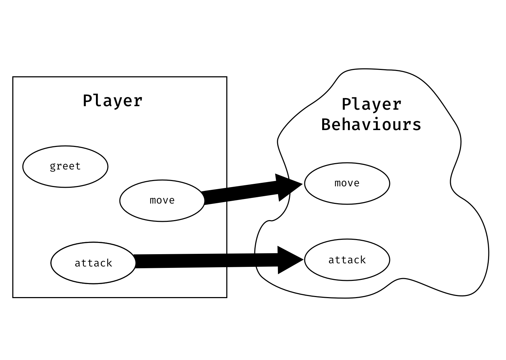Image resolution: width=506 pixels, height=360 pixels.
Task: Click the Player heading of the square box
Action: [112, 101]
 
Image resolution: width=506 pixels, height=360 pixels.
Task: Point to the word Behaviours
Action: [371, 125]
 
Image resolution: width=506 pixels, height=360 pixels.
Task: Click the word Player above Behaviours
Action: [371, 104]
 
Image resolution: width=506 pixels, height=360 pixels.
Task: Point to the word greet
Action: [65, 166]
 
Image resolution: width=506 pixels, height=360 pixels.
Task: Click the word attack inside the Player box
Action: [93, 263]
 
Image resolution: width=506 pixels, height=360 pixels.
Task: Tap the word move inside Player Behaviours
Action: [347, 183]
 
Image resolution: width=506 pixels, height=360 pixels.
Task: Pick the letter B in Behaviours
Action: [326, 125]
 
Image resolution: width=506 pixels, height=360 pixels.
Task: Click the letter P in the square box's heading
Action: [87, 101]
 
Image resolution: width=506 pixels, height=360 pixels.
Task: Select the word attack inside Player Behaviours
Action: [347, 260]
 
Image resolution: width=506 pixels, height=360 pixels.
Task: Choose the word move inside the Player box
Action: [162, 200]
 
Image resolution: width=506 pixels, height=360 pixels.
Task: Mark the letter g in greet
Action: [53, 167]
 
